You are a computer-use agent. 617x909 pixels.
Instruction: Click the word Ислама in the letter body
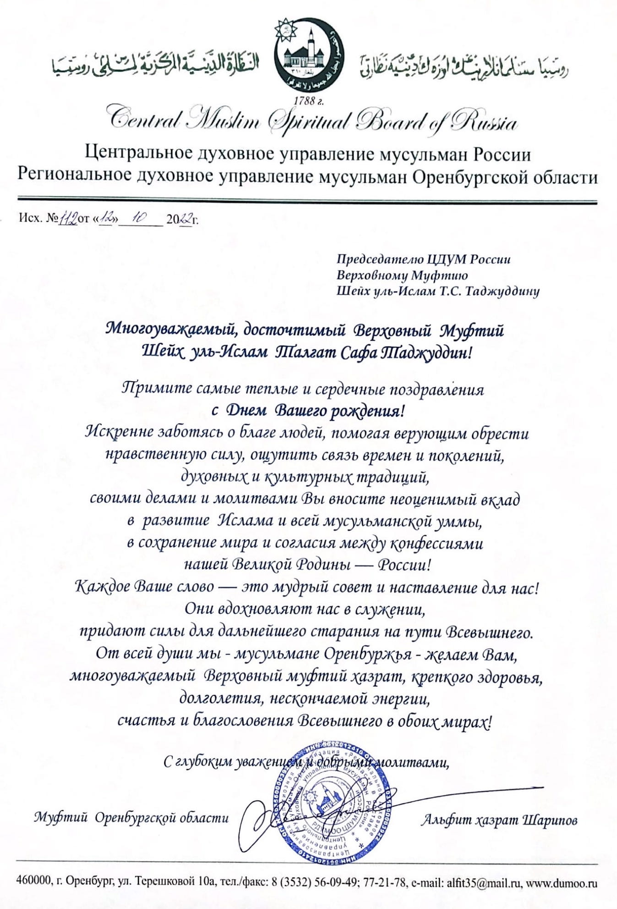[x=244, y=521]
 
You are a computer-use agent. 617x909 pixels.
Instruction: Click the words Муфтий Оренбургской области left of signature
[x=131, y=818]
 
